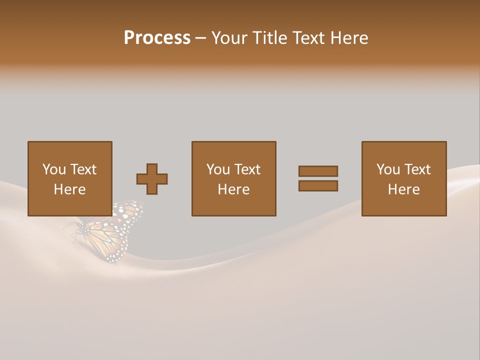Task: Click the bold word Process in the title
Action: tap(157, 38)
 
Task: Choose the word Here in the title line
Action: tap(349, 38)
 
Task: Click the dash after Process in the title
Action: tap(200, 38)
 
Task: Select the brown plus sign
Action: tap(152, 179)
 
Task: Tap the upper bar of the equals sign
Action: tap(318, 171)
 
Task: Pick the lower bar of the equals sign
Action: tap(318, 185)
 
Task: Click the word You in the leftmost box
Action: tap(54, 169)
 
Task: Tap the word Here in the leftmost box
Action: tap(70, 189)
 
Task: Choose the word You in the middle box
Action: tap(218, 169)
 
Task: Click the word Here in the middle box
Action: tap(234, 189)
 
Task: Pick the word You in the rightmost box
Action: tap(388, 169)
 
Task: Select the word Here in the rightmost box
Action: tap(404, 189)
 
